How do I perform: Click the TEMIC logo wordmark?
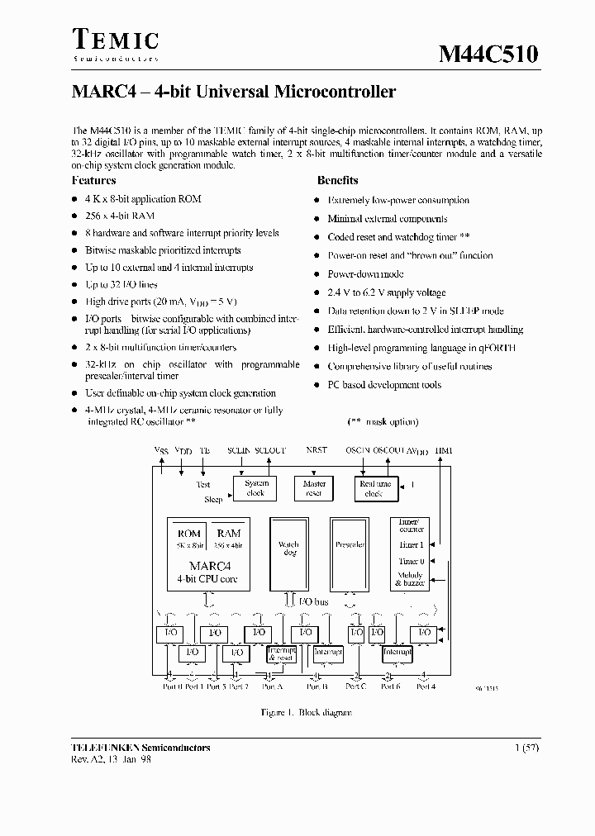(115, 40)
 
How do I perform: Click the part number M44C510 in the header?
(488, 54)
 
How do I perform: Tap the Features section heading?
(93, 181)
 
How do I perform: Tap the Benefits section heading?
(337, 181)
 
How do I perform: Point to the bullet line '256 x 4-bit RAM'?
(121, 216)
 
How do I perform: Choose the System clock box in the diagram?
(256, 488)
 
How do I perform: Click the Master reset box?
(315, 488)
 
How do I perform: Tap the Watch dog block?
(288, 549)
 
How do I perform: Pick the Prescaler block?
(350, 545)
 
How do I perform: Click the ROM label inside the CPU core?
(189, 534)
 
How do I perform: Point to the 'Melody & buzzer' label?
(410, 579)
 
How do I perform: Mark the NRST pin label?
(317, 451)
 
